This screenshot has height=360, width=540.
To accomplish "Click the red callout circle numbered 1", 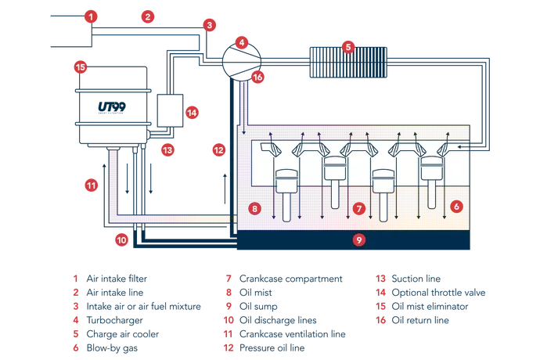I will point(92,16).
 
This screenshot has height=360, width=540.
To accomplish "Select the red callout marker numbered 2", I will point(147,15).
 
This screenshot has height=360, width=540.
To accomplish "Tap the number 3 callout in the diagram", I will point(207,26).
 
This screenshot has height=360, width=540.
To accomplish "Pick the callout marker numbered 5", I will point(347,47).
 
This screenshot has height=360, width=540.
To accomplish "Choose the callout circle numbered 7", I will point(358,209).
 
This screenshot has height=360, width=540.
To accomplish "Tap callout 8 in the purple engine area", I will point(252,208).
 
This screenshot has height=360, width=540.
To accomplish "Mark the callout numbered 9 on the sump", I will point(358,240).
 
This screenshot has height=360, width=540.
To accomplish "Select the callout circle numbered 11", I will point(92,185).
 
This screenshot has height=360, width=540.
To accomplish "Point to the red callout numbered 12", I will point(219,148).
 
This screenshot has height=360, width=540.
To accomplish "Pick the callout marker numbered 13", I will point(167,148).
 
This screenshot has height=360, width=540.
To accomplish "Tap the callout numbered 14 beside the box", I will point(193,112).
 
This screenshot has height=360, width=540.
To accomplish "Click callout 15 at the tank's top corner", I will point(80,67).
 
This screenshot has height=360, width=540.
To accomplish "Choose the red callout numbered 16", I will point(258,77).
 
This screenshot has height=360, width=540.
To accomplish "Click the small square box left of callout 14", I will point(168,110).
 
